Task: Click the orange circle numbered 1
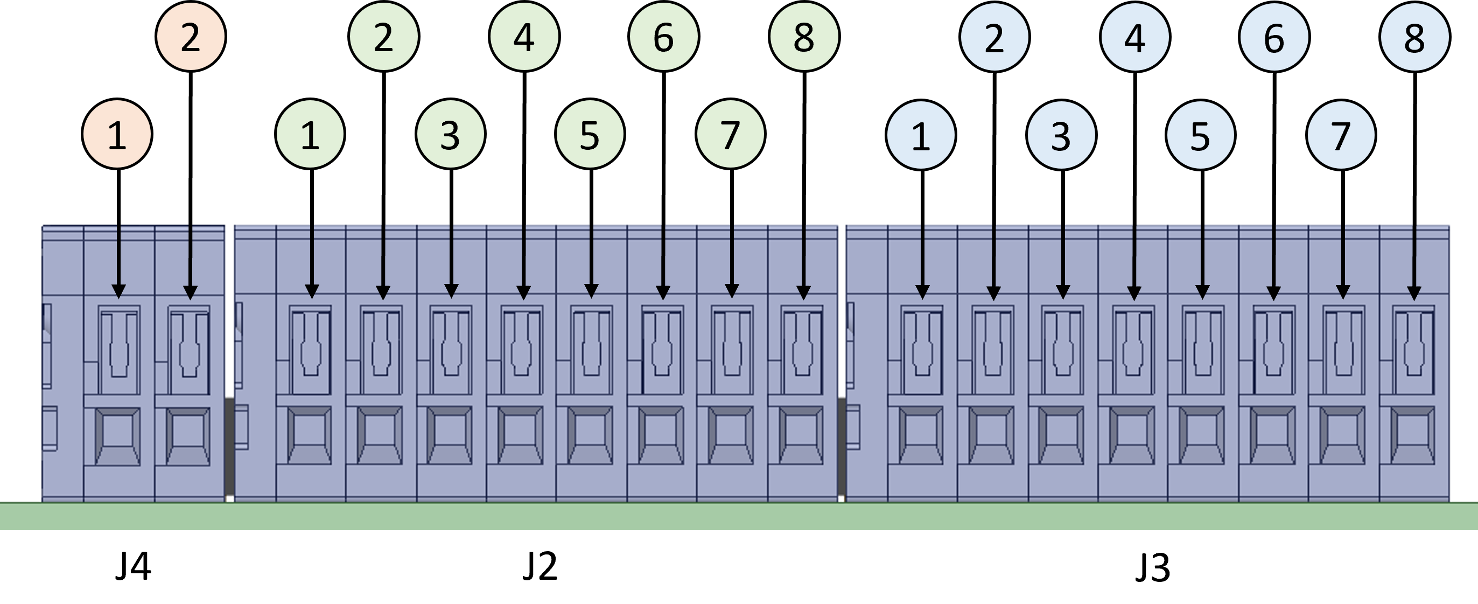click(117, 134)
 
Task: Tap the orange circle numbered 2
click(191, 37)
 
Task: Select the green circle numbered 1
click(310, 134)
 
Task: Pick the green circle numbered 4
click(524, 37)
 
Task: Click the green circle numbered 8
click(804, 37)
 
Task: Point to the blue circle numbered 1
click(921, 135)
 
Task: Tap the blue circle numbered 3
click(1061, 135)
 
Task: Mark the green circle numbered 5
click(590, 134)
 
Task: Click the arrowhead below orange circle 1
click(118, 291)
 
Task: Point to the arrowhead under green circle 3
click(451, 291)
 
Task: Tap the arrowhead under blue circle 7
click(1343, 291)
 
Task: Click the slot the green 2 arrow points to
click(382, 350)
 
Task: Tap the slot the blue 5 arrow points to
click(1203, 350)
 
